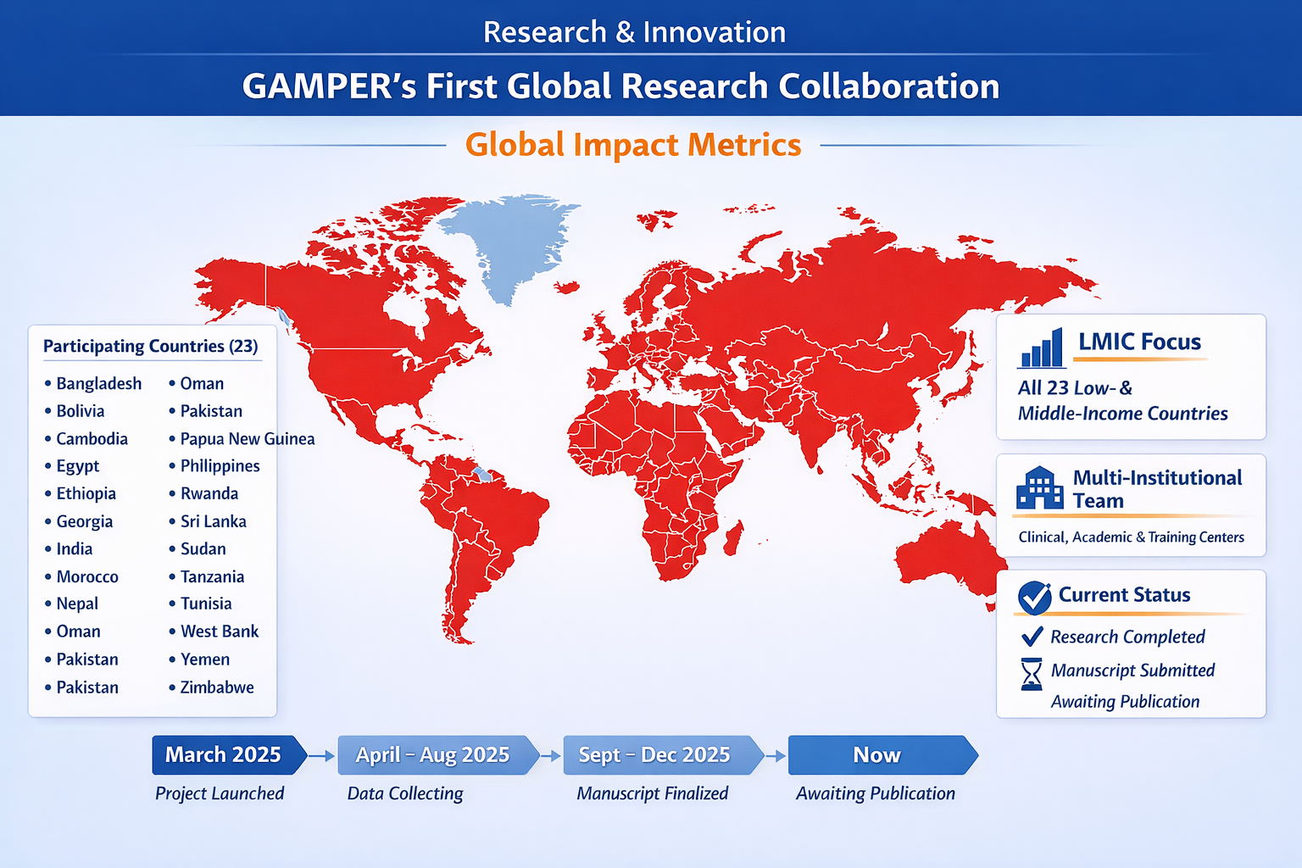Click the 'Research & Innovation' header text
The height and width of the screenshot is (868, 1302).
point(634,32)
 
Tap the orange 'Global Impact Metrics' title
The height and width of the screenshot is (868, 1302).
point(633,145)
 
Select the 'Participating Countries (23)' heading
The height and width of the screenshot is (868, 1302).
point(151,346)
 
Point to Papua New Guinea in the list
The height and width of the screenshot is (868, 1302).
point(247,439)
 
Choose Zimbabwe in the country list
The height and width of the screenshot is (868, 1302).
point(217,687)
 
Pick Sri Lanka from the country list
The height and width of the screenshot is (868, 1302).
point(214,521)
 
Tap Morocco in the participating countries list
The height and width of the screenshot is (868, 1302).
point(87,576)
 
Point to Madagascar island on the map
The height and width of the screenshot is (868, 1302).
point(733,537)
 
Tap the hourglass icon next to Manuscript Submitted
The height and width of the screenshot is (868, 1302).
point(1031,674)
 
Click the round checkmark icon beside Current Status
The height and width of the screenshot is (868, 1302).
point(1035,598)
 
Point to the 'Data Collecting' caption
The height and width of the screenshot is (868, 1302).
point(405,793)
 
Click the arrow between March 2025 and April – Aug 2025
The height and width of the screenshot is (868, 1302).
point(321,756)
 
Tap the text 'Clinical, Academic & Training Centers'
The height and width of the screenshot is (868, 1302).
point(1131,537)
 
